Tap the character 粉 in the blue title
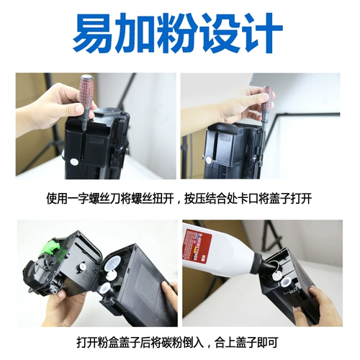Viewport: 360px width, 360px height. tap(180, 33)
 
